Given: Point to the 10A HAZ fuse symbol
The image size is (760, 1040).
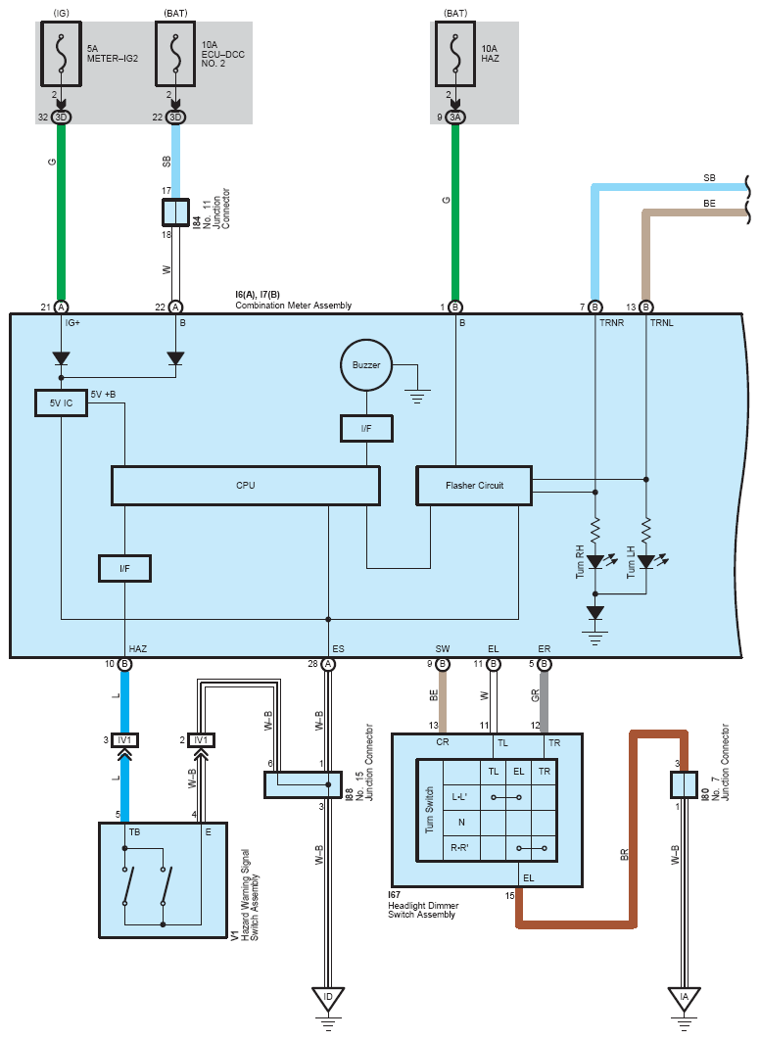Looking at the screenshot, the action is tap(455, 54).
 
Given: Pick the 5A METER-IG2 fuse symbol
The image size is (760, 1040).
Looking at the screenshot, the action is tap(61, 54).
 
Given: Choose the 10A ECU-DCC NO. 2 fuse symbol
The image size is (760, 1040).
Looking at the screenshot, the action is tap(175, 54).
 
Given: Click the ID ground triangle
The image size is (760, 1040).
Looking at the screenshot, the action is tap(328, 999).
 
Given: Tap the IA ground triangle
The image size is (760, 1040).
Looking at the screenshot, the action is tap(685, 999).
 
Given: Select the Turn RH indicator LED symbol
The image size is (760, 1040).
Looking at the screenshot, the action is tap(595, 562).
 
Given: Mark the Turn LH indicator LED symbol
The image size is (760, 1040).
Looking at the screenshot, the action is tap(646, 562).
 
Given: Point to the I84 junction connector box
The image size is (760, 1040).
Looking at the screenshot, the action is tap(175, 213).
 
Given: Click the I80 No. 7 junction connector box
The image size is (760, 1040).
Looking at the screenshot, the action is tap(685, 784).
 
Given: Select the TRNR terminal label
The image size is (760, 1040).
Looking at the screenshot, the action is tap(611, 323).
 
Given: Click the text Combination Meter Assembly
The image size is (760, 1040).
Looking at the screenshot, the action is tap(293, 306).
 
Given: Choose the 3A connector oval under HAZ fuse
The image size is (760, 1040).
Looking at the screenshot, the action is tap(455, 118).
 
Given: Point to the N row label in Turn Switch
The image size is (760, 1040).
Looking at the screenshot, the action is tap(461, 823).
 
